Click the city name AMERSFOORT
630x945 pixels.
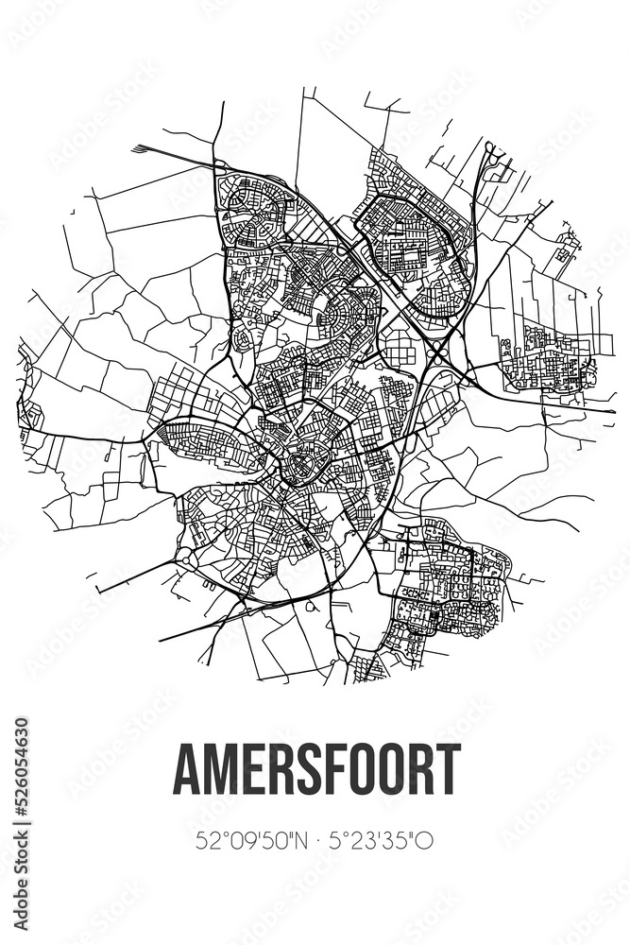click(315, 769)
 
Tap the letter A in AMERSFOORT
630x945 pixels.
click(186, 769)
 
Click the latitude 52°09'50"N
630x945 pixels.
click(247, 840)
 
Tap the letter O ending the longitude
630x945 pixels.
click(426, 840)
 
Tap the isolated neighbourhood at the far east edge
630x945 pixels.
click(549, 359)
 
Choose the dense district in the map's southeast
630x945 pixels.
click(444, 586)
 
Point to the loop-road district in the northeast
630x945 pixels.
click(416, 241)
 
